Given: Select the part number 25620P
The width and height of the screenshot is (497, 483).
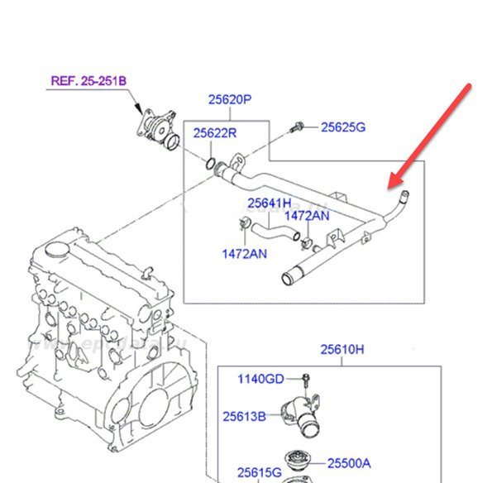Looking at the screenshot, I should [x=228, y=100].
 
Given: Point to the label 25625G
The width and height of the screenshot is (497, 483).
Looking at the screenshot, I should [x=342, y=127].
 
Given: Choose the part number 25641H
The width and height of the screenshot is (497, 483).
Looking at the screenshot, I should [x=269, y=203].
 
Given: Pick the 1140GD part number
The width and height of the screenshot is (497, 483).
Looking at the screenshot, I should [x=261, y=379].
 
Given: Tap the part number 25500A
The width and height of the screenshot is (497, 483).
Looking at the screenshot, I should [x=348, y=462].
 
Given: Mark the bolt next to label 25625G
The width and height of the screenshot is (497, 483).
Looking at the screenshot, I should [x=297, y=127].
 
